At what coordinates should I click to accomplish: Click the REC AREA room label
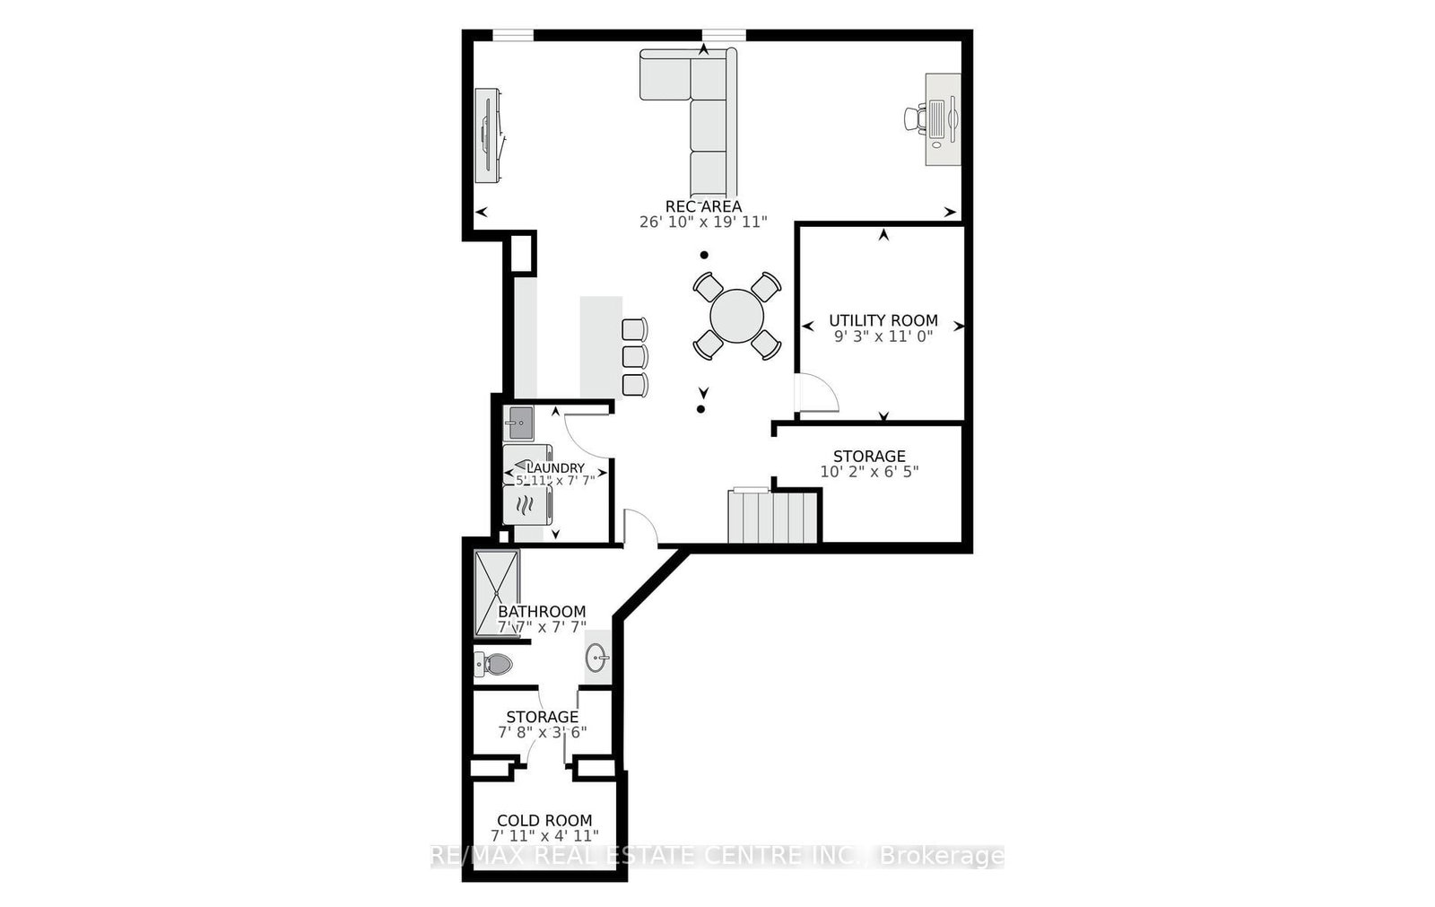703,206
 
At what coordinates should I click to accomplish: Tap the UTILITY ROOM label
883,320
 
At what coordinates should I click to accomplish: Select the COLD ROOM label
544,820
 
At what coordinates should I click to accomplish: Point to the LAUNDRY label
555,467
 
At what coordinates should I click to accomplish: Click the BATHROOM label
542,612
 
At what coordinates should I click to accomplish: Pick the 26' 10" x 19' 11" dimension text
703,222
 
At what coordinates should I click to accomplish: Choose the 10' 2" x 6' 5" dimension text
869,472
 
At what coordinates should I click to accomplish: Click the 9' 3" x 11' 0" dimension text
883,336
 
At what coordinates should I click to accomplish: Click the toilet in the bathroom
494,665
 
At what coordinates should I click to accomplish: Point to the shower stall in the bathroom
496,593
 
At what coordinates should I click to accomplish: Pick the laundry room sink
518,422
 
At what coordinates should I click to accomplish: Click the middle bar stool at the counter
634,356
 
